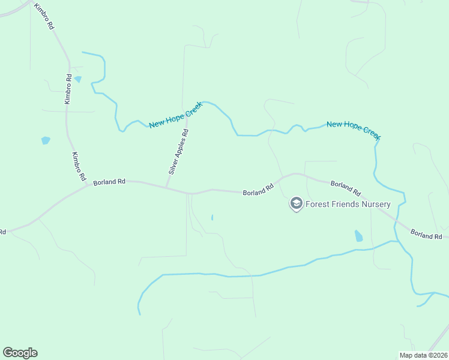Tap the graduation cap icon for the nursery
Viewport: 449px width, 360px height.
click(296, 204)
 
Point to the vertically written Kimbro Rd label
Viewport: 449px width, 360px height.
click(69, 89)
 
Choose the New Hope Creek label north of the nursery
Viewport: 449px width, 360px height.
click(354, 131)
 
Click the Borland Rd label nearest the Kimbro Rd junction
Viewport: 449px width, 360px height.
click(109, 181)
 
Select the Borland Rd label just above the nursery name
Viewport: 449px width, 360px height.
click(345, 188)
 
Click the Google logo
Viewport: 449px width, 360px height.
click(20, 353)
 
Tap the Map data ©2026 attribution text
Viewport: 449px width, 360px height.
click(423, 355)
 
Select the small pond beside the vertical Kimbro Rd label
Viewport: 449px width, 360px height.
click(78, 79)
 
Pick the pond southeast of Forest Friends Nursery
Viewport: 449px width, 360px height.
click(358, 236)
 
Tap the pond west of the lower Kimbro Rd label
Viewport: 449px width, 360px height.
click(46, 141)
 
